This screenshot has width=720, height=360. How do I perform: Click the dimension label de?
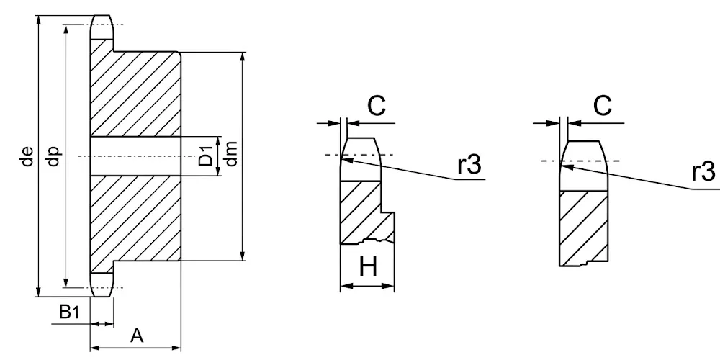click(28, 156)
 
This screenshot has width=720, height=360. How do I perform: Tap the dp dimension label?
click(54, 156)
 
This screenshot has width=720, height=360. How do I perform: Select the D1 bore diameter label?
click(206, 156)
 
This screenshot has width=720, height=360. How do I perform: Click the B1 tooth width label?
click(69, 312)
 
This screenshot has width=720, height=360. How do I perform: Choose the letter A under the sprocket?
click(137, 336)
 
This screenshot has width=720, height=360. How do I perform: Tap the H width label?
click(368, 266)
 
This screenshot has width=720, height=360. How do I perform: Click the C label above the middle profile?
click(377, 106)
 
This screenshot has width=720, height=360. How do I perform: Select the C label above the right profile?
click(602, 106)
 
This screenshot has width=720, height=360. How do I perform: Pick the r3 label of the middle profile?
click(469, 165)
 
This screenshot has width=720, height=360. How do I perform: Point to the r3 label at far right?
click(703, 172)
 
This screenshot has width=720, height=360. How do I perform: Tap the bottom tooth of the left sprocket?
click(102, 284)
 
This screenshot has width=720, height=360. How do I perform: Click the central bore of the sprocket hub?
click(135, 156)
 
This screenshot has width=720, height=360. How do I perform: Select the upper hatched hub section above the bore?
click(135, 92)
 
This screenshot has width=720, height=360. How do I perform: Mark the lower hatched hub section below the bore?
click(135, 220)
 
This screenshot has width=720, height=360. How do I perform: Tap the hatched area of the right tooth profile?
click(583, 228)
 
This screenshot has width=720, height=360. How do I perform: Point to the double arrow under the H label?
click(367, 286)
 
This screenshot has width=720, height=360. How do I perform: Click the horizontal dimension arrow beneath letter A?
click(135, 348)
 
